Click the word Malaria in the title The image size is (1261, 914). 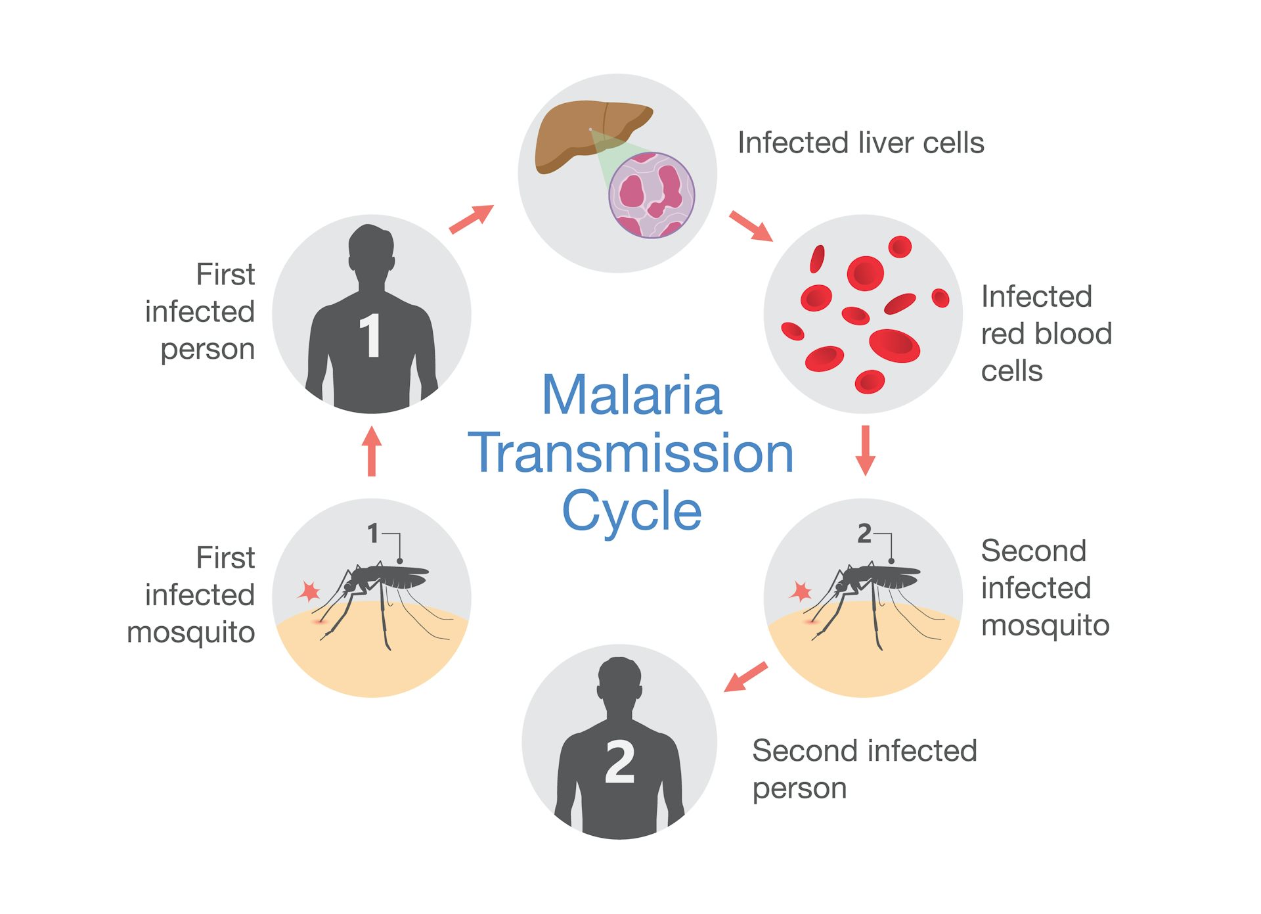tap(632, 396)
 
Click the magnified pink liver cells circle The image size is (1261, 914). tap(652, 195)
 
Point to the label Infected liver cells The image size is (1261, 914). tap(860, 143)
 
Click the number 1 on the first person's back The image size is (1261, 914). tap(371, 336)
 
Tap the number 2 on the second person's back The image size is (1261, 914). tap(620, 762)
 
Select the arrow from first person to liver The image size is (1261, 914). tap(471, 219)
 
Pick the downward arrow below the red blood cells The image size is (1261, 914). tap(865, 450)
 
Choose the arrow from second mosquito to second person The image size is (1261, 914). tap(745, 677)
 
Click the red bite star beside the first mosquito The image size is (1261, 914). tap(309, 591)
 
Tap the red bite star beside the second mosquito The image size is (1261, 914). tap(801, 591)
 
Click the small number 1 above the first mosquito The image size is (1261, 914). tap(373, 534)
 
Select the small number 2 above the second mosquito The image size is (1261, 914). tap(864, 534)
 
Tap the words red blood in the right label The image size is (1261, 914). tap(1046, 334)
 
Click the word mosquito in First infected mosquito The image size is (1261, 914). tap(191, 633)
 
